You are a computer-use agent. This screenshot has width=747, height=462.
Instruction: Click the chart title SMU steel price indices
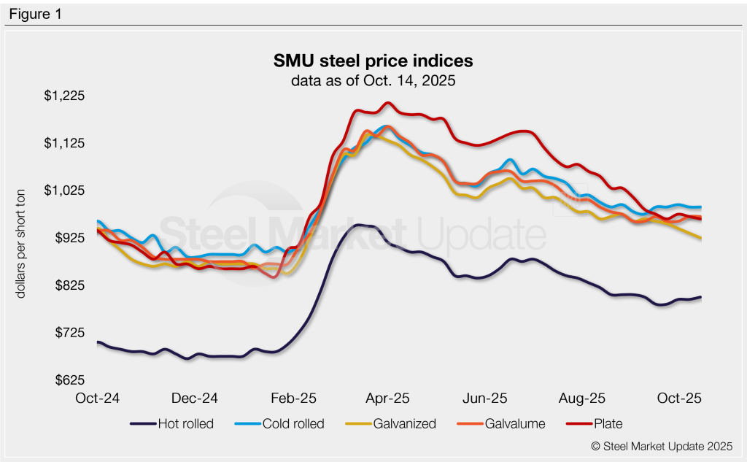(373, 60)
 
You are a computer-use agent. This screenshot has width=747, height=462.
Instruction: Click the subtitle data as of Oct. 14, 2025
(373, 80)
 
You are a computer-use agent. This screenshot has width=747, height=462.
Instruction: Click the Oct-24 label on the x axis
(98, 399)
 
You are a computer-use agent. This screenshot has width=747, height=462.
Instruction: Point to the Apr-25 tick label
(387, 399)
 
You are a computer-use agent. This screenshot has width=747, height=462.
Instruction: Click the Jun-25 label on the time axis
(484, 399)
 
